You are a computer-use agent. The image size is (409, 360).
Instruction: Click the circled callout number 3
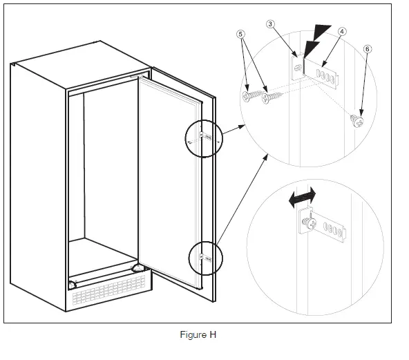pos(270,24)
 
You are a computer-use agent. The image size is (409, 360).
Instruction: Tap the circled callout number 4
pos(342,32)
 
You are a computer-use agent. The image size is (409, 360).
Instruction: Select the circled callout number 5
pos(240,34)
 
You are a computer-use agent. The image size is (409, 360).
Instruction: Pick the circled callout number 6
pos(368,49)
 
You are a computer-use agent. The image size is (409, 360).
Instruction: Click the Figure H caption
pos(198,334)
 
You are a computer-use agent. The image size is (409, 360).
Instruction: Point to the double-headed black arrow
pos(303,197)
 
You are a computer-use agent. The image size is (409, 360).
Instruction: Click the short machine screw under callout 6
pos(356,121)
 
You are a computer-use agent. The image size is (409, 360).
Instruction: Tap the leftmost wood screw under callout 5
pos(251,95)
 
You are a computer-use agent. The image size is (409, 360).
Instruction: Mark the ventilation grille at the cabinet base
pos(108,290)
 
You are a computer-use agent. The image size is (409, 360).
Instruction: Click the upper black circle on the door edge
pos(185,138)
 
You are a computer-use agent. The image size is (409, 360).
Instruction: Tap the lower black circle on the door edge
pos(189,258)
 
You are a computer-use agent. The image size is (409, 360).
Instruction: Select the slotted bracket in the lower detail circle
pos(329,227)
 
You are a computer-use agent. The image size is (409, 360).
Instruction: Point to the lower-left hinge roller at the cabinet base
pos(72,285)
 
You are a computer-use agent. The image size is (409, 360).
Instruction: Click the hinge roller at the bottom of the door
pos(138,268)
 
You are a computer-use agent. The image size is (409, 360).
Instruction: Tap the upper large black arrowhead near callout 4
pos(322,31)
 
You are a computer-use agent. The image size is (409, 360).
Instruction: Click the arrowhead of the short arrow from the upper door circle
pos(242,126)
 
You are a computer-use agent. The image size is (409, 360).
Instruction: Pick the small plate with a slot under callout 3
pos(297,68)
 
